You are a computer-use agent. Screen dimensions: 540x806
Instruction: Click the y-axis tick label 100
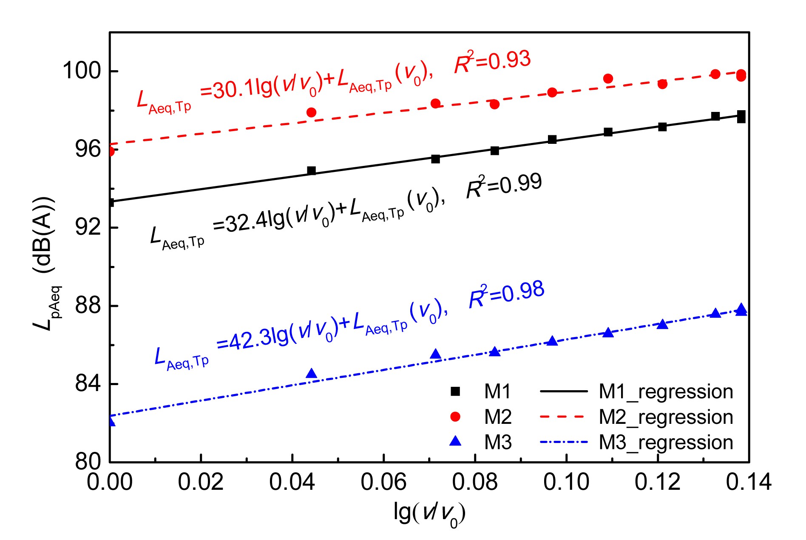click(82, 71)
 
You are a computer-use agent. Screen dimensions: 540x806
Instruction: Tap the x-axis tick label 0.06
click(383, 482)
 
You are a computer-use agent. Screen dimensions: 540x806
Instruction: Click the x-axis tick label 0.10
click(566, 482)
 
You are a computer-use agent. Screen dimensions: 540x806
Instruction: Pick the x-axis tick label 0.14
click(749, 482)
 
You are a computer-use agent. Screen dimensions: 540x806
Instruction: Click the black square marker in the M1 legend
click(455, 391)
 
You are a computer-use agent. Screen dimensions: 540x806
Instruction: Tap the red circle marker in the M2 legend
click(455, 417)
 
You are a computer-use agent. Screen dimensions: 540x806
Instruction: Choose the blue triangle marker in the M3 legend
click(455, 441)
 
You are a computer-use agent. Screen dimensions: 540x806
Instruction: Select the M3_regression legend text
click(666, 443)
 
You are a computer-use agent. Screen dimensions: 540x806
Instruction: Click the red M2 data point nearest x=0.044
click(311, 112)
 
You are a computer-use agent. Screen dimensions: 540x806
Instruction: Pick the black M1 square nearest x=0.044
click(311, 171)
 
